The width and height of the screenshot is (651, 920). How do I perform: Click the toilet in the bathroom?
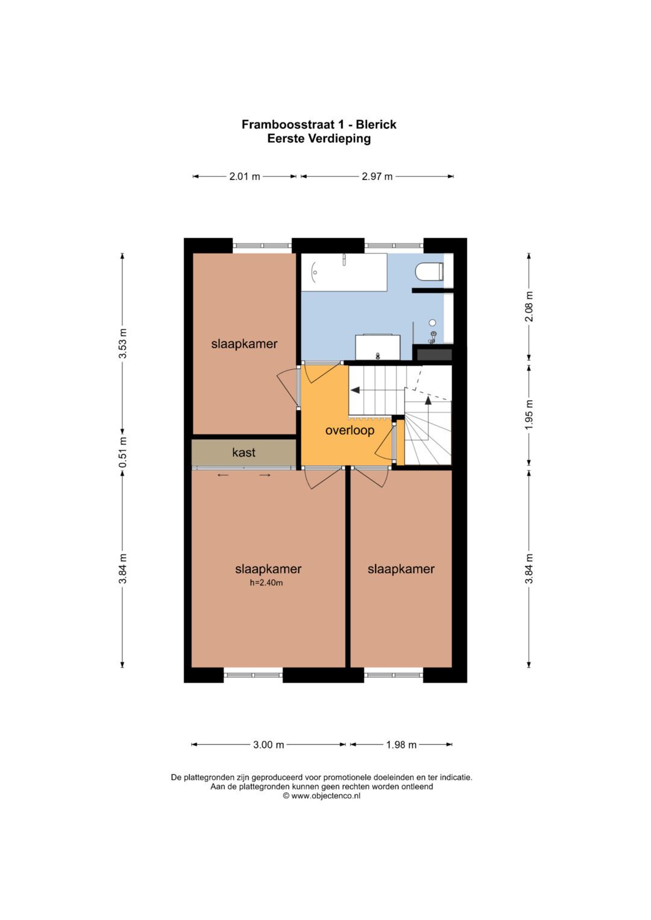click(x=429, y=272)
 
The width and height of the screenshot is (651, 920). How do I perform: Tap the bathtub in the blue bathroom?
click(x=344, y=272)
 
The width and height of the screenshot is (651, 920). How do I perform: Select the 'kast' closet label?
click(x=244, y=452)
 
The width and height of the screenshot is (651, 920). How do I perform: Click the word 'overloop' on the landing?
click(x=350, y=430)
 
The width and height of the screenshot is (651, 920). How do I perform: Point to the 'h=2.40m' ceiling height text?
click(x=266, y=583)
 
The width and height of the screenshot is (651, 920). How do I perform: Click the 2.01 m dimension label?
click(x=245, y=177)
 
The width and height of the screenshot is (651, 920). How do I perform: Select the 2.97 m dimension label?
click(x=377, y=177)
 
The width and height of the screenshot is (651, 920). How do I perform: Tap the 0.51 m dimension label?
click(x=123, y=452)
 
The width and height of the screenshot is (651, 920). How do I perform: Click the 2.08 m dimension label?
click(x=529, y=307)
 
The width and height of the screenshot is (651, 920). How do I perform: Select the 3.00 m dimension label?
click(x=269, y=745)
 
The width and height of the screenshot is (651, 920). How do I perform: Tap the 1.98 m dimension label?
click(x=401, y=745)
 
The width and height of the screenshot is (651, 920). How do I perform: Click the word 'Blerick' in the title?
click(x=376, y=125)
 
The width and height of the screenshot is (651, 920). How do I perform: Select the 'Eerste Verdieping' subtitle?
click(x=319, y=139)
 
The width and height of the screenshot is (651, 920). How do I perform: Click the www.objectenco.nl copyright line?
click(x=322, y=795)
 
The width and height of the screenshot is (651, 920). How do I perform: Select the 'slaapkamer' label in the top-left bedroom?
click(x=244, y=344)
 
